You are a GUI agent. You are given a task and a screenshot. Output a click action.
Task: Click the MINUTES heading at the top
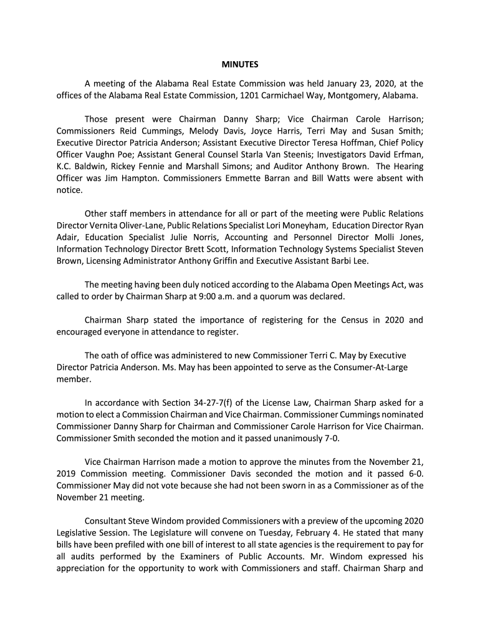[240, 64]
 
